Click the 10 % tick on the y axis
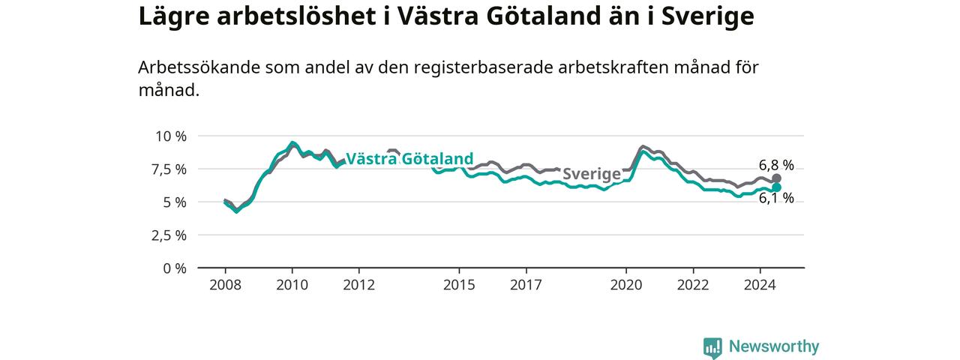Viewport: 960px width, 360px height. (x=171, y=136)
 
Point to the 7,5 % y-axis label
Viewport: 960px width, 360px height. (x=169, y=169)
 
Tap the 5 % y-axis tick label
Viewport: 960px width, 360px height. (x=175, y=202)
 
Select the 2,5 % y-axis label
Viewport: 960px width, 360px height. (x=169, y=235)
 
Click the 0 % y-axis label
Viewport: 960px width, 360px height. (x=175, y=268)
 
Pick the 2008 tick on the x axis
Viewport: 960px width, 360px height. (x=226, y=285)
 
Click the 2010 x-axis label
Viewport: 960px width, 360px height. (x=292, y=285)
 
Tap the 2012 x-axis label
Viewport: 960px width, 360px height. (x=359, y=285)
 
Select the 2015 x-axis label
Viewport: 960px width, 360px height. (x=460, y=285)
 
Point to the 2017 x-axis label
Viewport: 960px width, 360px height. (x=526, y=285)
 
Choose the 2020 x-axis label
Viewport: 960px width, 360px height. (x=626, y=285)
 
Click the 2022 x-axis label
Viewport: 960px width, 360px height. (x=694, y=285)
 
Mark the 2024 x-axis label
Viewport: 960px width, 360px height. (x=760, y=285)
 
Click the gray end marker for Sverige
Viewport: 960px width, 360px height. (x=776, y=178)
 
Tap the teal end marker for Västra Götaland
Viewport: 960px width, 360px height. (x=776, y=187)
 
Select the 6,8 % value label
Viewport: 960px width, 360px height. (x=776, y=165)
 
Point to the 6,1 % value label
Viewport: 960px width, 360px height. (x=776, y=199)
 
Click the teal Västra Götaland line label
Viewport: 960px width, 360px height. (x=409, y=159)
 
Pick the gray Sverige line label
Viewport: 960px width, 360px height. (x=592, y=174)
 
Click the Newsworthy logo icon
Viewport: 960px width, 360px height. (x=712, y=347)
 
